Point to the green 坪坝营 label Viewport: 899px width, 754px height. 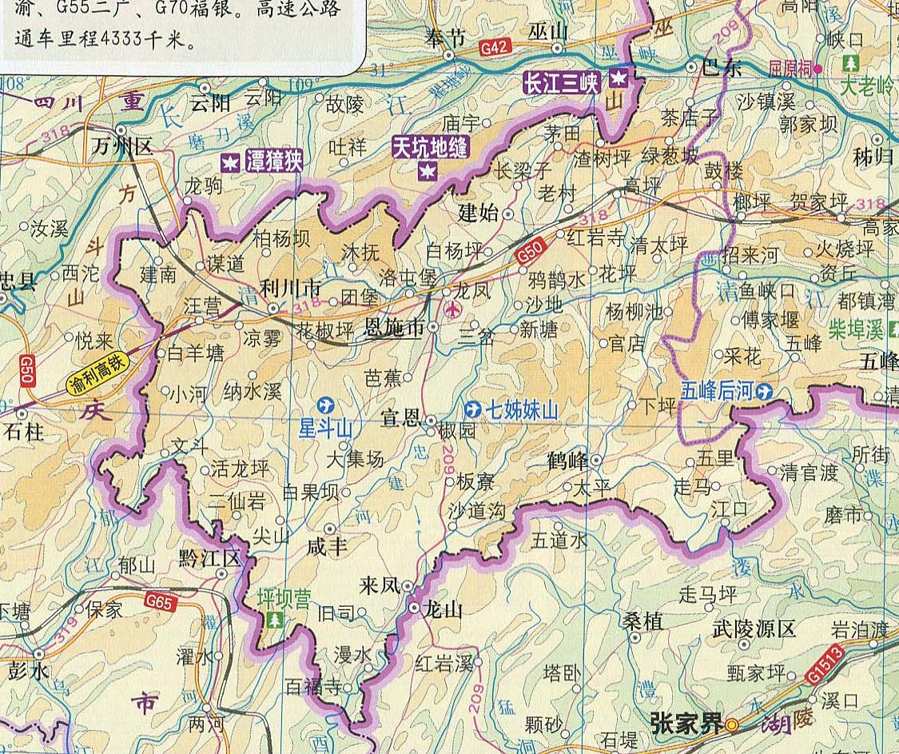pos(282,598)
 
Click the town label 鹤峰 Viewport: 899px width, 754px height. pos(567,461)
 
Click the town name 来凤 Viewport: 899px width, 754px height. pos(380,585)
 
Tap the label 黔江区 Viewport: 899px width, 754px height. pos(209,557)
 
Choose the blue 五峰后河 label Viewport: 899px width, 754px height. pos(717,391)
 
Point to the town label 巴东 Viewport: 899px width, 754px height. pos(722,67)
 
